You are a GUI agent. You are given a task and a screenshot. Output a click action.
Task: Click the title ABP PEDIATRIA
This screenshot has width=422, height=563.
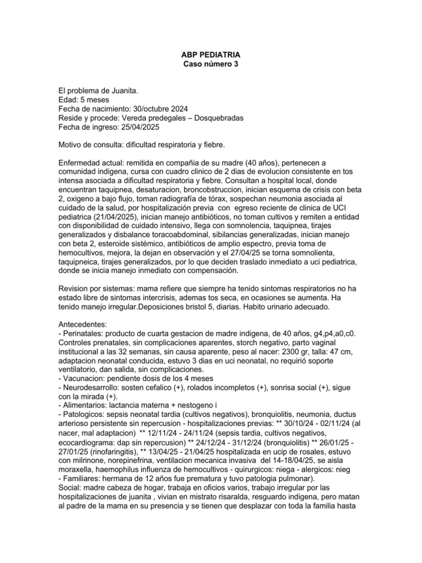[x=211, y=56]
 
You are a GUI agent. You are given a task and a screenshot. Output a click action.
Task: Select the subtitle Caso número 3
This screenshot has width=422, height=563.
[x=211, y=64]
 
